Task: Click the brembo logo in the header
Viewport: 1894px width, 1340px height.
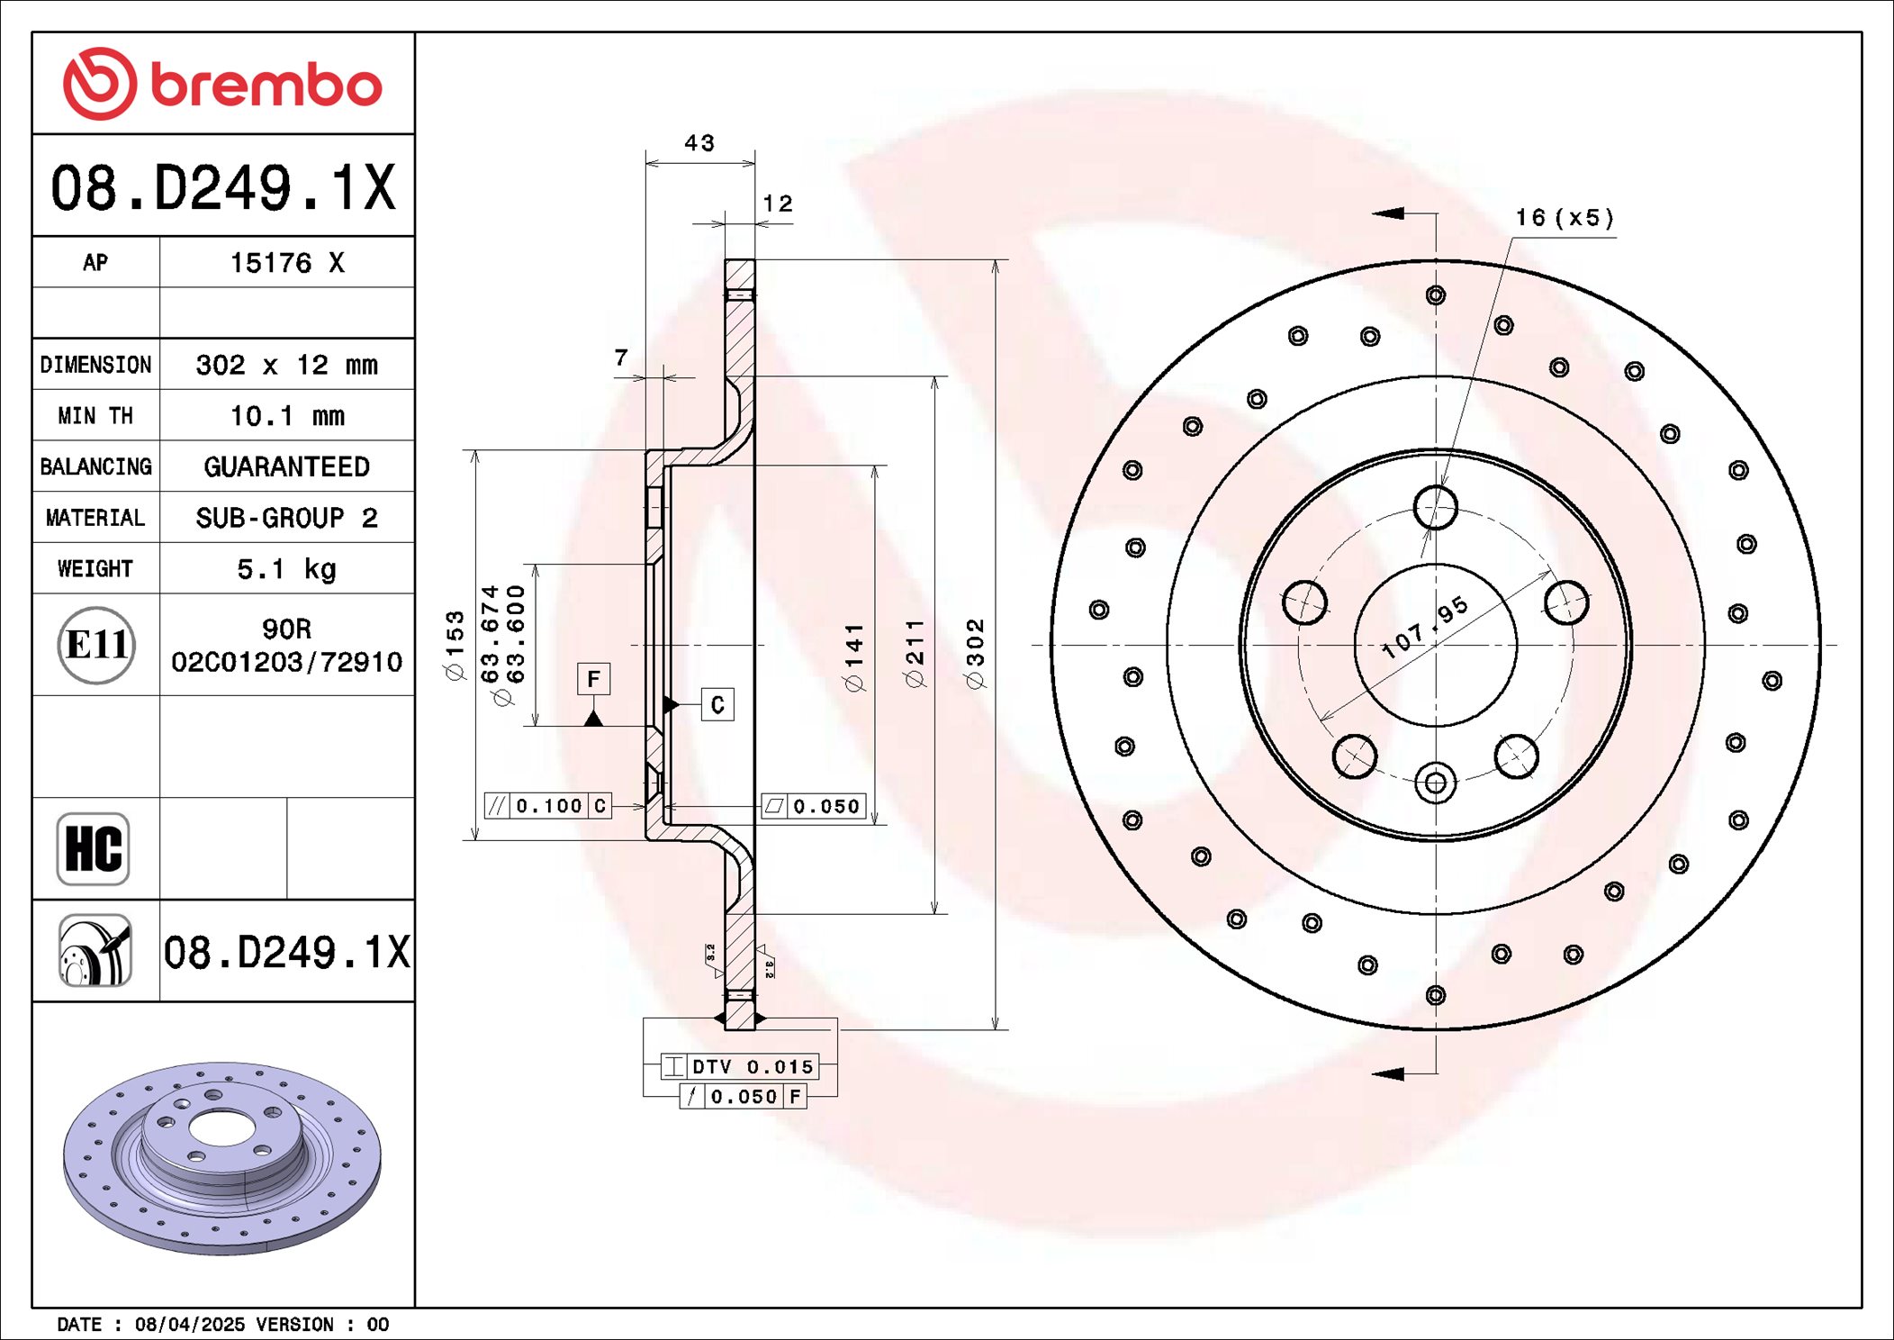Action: [x=222, y=84]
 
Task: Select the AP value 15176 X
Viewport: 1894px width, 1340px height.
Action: [x=286, y=263]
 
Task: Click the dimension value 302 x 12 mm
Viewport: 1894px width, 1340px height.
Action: [x=286, y=365]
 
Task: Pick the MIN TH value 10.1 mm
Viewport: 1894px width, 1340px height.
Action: [x=286, y=416]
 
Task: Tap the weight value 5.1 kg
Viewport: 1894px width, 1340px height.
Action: [x=286, y=569]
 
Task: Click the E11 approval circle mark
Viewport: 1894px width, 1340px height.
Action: [x=96, y=645]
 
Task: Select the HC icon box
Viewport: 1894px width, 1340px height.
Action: [x=94, y=848]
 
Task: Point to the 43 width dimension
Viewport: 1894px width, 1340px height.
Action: [x=699, y=143]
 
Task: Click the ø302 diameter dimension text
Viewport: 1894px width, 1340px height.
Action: [x=976, y=654]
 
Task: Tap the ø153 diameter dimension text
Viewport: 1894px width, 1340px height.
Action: [x=455, y=645]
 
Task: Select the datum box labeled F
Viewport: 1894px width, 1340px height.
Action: [x=593, y=679]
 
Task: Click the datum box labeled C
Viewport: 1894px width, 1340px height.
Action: [x=717, y=704]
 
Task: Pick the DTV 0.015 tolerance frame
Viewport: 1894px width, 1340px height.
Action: [x=740, y=1066]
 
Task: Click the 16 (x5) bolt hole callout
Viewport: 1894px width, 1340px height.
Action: [x=1565, y=218]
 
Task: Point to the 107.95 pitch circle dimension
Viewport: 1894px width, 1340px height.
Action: [x=1425, y=627]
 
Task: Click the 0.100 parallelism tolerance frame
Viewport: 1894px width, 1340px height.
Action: [x=548, y=806]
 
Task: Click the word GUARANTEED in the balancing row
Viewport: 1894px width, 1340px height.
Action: [x=286, y=466]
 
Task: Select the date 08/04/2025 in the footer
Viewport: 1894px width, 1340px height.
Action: [x=189, y=1324]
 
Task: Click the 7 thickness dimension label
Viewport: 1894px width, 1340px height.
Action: [x=621, y=358]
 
